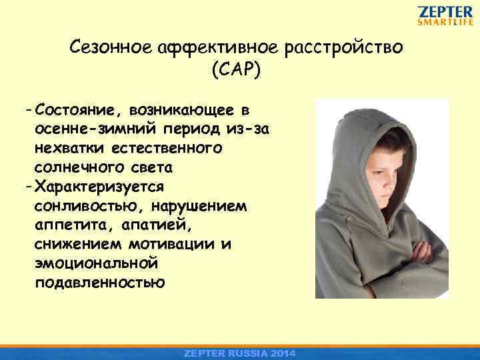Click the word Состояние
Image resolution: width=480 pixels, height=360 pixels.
(81, 109)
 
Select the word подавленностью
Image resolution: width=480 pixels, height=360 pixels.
(100, 281)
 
